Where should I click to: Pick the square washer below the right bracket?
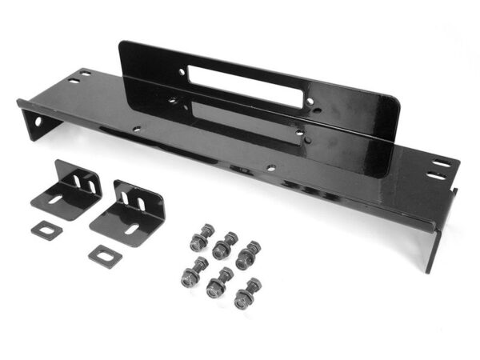pyautogui.click(x=103, y=256)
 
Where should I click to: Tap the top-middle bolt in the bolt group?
pyautogui.click(x=226, y=242)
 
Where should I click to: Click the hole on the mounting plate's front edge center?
pyautogui.click(x=271, y=168)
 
